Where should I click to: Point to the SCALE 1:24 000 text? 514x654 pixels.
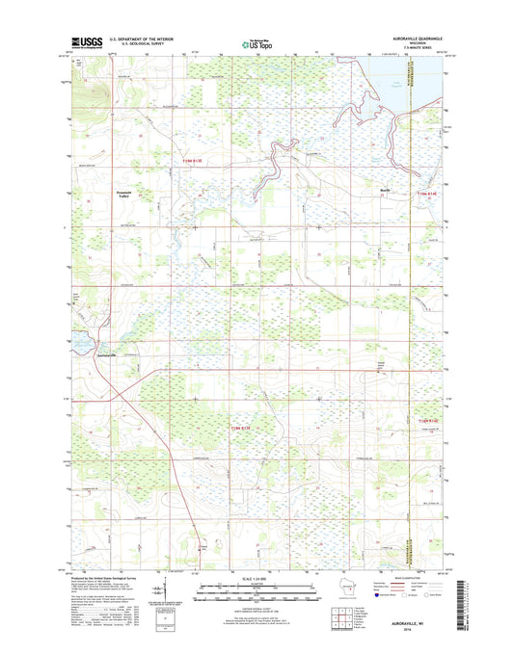point(257,579)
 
